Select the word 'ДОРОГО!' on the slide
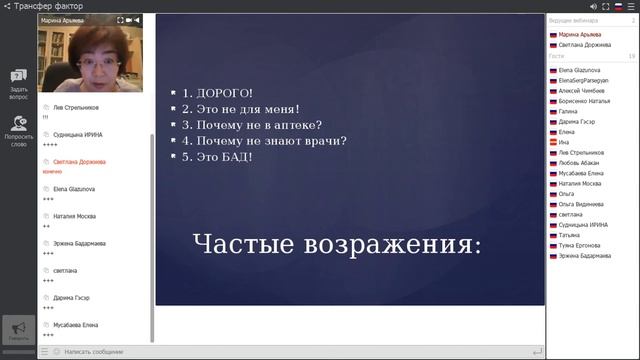click(223, 93)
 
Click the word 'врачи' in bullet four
click(325, 141)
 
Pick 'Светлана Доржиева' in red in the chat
click(79, 161)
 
